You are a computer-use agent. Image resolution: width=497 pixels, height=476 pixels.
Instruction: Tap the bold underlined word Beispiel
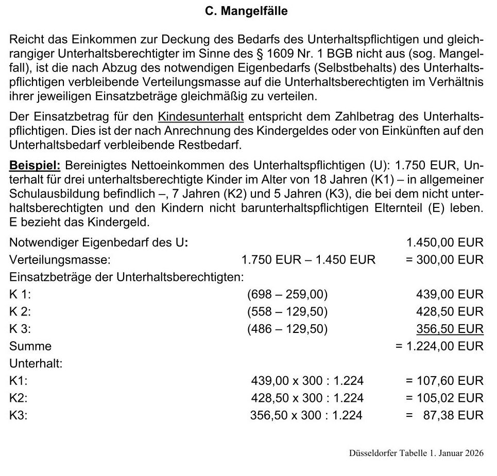pyautogui.click(x=35, y=166)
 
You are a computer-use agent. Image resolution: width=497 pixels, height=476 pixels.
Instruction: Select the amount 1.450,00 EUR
pyautogui.click(x=444, y=242)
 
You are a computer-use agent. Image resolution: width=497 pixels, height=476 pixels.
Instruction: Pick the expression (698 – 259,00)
pyautogui.click(x=287, y=294)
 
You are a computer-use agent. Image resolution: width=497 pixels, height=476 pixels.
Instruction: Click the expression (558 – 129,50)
pyautogui.click(x=287, y=311)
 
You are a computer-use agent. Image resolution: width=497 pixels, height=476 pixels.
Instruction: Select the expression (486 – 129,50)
pyautogui.click(x=287, y=329)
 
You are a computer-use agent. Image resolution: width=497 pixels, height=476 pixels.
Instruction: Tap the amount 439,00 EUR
pyautogui.click(x=450, y=294)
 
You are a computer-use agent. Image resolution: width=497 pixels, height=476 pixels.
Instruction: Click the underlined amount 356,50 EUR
pyautogui.click(x=450, y=329)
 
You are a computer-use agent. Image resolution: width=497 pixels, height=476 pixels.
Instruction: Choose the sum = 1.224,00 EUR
pyautogui.click(x=439, y=346)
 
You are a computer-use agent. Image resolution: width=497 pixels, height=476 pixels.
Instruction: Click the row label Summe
pyautogui.click(x=30, y=346)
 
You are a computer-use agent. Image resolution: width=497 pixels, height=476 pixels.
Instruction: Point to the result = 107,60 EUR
pyautogui.click(x=444, y=381)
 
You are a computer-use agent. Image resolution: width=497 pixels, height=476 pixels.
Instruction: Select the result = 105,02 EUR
pyautogui.click(x=444, y=398)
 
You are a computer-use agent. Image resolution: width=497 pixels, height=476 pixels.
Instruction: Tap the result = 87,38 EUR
pyautogui.click(x=444, y=415)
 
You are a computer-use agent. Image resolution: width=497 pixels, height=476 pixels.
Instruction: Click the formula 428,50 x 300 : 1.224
pyautogui.click(x=307, y=398)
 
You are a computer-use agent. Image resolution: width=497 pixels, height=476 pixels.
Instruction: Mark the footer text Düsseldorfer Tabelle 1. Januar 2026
pyautogui.click(x=416, y=453)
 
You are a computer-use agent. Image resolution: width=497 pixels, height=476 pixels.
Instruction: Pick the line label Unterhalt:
pyautogui.click(x=36, y=363)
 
